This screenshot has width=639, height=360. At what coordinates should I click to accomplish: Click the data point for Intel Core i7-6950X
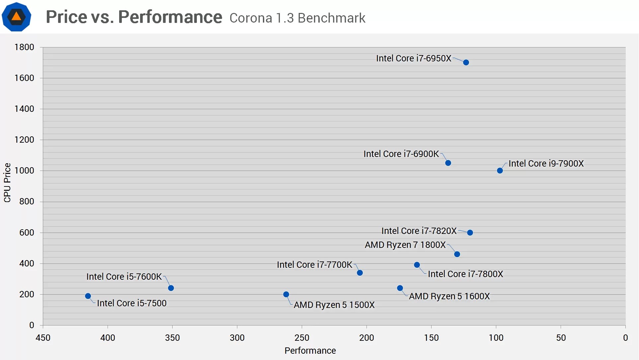click(x=466, y=62)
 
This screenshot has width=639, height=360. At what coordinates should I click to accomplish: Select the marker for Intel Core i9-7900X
click(x=500, y=171)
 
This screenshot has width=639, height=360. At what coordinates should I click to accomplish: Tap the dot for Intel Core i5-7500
click(x=88, y=296)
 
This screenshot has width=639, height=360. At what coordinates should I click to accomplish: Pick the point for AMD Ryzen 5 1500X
click(x=286, y=294)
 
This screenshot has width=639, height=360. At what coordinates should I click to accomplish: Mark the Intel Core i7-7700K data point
click(x=359, y=273)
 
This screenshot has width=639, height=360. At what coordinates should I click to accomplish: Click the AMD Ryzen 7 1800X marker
click(x=457, y=254)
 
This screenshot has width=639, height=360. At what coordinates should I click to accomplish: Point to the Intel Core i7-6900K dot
click(x=448, y=163)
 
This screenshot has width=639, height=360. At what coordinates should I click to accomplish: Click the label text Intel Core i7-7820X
click(x=419, y=231)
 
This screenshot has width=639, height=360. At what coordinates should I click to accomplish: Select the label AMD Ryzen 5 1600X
click(x=449, y=296)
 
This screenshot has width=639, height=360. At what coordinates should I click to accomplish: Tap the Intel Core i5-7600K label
click(x=124, y=277)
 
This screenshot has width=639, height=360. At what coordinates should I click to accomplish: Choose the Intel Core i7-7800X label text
click(x=465, y=274)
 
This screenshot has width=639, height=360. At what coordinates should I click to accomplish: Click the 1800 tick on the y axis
click(x=24, y=47)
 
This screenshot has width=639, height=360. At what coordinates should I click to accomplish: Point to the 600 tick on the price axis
click(x=27, y=233)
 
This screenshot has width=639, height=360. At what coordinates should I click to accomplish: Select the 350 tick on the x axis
click(x=172, y=338)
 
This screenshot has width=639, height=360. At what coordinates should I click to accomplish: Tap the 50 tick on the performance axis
click(x=561, y=338)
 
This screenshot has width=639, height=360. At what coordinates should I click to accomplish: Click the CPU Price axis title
click(x=7, y=182)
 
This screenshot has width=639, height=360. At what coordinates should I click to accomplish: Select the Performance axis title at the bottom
click(x=310, y=351)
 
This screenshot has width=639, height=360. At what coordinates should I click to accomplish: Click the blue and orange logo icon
click(x=16, y=17)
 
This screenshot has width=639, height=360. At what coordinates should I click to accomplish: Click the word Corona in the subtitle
click(x=251, y=18)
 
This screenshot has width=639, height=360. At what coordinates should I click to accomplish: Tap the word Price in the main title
click(x=66, y=17)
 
